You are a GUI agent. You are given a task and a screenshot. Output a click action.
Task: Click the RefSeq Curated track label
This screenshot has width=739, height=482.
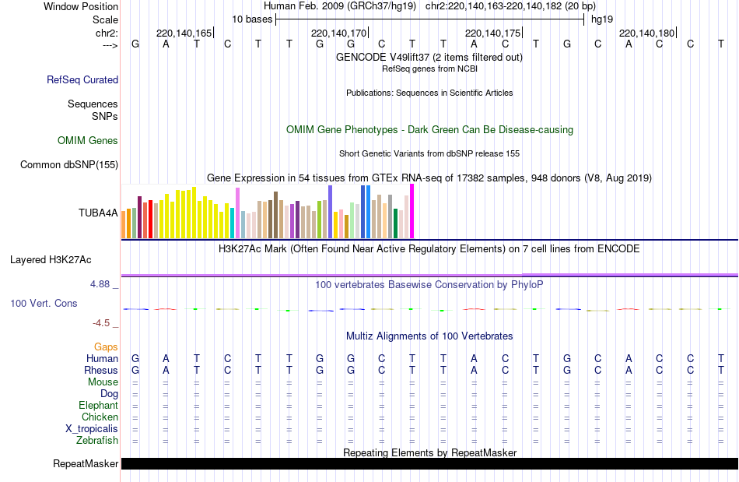click(x=82, y=79)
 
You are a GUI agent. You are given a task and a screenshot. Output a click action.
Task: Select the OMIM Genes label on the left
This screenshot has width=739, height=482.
click(x=88, y=141)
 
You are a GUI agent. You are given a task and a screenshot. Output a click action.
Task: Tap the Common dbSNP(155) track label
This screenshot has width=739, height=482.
click(x=69, y=164)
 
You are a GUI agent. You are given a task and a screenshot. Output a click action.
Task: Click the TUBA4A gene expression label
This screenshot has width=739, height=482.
click(x=98, y=213)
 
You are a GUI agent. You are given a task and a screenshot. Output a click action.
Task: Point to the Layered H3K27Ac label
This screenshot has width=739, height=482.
click(x=61, y=259)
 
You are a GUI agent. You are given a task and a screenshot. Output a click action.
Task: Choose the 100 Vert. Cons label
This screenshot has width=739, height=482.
click(x=44, y=303)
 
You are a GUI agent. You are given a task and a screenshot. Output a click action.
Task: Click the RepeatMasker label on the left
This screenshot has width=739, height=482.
click(x=86, y=464)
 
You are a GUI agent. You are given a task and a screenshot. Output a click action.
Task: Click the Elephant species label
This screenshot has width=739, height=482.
click(x=98, y=406)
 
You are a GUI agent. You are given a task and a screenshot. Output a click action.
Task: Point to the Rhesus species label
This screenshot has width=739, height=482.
click(x=102, y=371)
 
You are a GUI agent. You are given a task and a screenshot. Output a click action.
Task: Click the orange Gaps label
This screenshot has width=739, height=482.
click(x=106, y=347)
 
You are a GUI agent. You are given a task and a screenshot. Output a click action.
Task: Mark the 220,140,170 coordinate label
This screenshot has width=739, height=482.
click(x=338, y=33)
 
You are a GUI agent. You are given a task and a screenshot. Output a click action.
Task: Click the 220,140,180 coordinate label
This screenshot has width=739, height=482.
click(x=646, y=33)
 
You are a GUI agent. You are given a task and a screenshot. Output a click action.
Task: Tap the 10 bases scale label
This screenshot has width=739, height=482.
click(x=252, y=19)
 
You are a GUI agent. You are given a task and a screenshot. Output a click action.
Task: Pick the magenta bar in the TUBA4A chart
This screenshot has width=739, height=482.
click(x=412, y=211)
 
